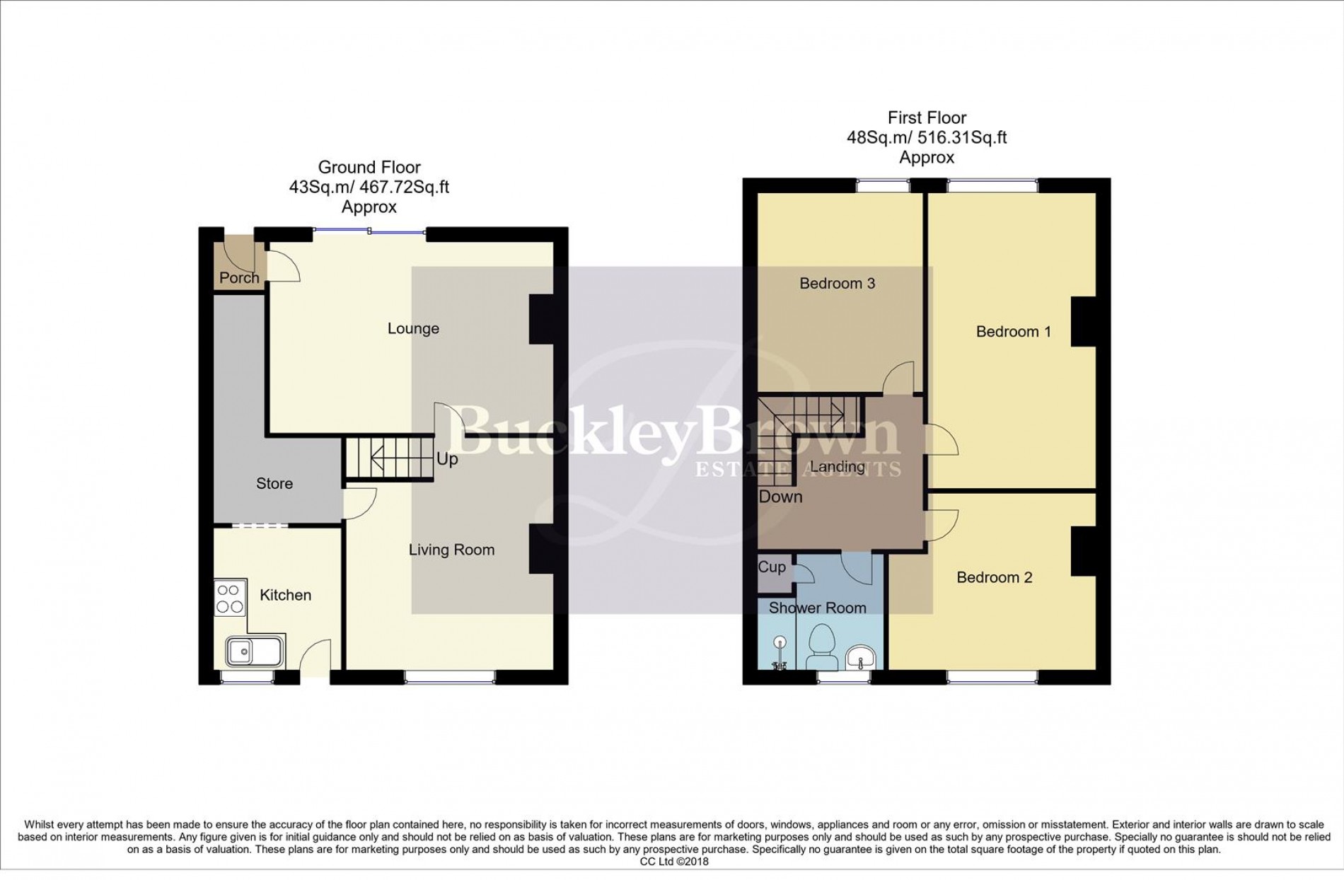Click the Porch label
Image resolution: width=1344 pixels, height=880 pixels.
[x=239, y=278]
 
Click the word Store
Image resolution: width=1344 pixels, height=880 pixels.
[x=274, y=484]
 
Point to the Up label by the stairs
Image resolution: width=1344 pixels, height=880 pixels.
[x=447, y=460]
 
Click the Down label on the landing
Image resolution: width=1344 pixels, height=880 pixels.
[x=780, y=497]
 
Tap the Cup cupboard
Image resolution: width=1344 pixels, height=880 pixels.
[x=772, y=567]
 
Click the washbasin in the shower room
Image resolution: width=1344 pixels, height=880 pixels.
[x=860, y=656]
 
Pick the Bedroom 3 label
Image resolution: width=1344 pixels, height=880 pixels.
[x=837, y=284]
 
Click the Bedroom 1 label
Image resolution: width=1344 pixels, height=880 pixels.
[x=1013, y=332]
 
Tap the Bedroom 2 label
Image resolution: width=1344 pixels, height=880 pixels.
[x=994, y=578]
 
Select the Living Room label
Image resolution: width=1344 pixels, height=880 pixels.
[x=451, y=550]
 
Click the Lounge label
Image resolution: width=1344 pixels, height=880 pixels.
[x=413, y=329]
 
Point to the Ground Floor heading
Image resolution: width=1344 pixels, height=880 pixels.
[x=369, y=168]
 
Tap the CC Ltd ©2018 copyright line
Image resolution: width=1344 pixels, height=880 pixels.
[x=673, y=862]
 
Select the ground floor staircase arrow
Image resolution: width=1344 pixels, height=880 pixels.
[x=396, y=460]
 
